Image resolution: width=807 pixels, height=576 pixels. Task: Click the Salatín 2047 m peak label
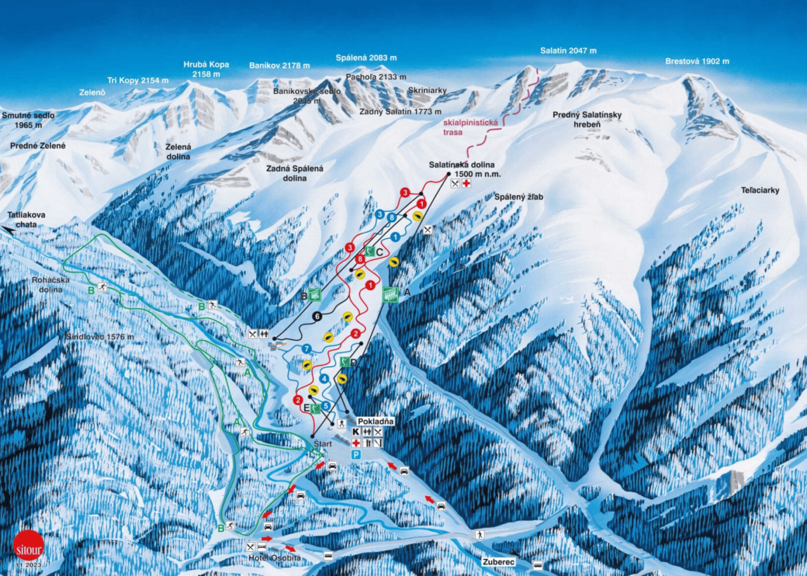568,51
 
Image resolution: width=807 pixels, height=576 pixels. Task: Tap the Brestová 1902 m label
697,61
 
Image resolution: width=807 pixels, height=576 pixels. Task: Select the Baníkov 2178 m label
279,66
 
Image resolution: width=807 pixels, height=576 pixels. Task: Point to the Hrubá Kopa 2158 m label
206,69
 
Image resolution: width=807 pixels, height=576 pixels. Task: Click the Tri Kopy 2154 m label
138,81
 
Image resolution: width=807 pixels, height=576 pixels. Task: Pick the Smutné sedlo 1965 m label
28,120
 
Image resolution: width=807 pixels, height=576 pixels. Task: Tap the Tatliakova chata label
26,219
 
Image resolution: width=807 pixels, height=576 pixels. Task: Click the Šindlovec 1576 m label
100,337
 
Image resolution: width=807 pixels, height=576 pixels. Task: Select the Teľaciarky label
760,190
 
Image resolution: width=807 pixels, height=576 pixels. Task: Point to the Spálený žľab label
518,197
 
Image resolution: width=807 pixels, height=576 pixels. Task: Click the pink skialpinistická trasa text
470,127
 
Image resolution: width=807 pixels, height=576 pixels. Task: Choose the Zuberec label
498,562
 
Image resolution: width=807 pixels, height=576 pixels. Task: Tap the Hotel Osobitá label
274,558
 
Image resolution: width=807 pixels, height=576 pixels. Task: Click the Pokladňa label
375,421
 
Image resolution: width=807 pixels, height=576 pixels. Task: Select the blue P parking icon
356,454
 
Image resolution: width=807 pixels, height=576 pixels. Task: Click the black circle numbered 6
317,317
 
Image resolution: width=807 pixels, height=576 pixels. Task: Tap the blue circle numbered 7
306,349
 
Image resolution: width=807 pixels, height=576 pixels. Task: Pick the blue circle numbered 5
325,406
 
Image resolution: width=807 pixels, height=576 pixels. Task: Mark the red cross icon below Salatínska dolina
466,183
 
